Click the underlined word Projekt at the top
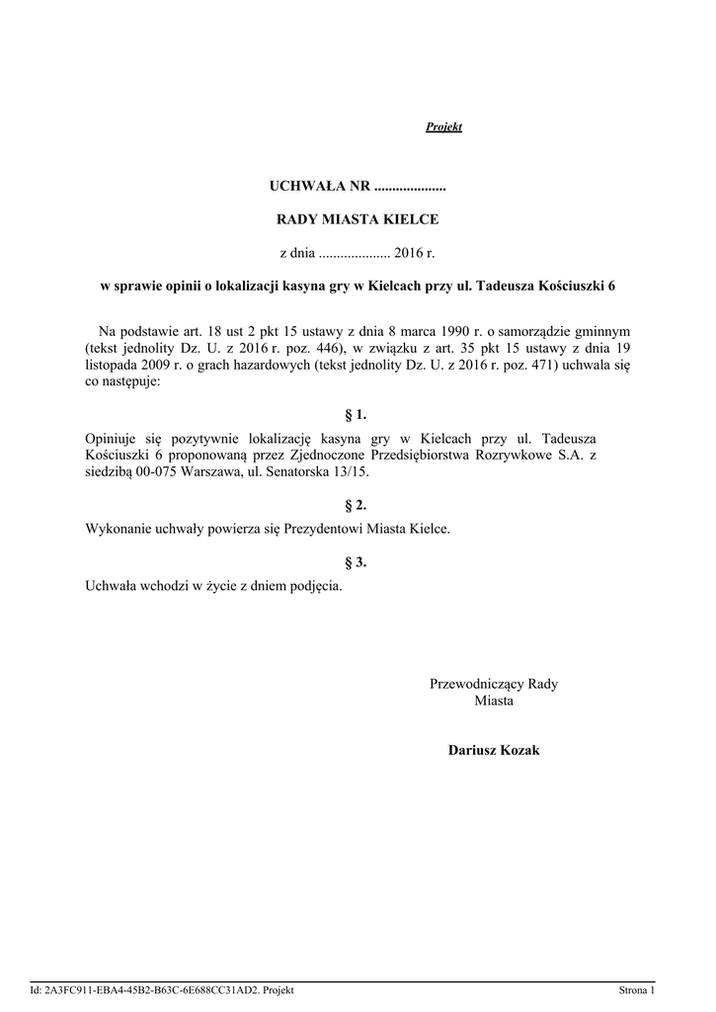pos(443,127)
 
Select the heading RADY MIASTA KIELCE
pos(358,219)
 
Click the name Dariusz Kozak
pos(494,751)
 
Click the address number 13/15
pos(352,471)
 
